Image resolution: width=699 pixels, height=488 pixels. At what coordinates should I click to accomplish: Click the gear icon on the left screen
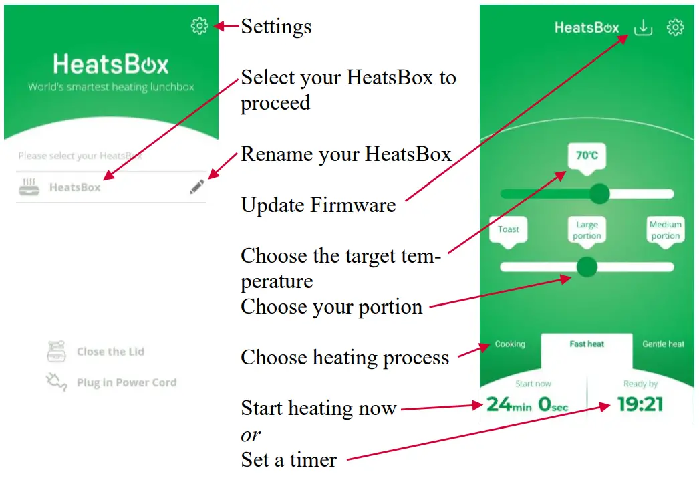[199, 26]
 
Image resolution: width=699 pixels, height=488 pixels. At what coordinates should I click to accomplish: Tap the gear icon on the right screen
[676, 27]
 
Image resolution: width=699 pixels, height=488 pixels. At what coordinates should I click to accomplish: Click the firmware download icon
[643, 27]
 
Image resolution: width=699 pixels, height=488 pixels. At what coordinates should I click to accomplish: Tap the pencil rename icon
[197, 187]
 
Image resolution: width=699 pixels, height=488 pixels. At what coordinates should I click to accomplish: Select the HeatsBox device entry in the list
[75, 188]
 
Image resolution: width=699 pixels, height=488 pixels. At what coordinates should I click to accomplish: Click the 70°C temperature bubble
[587, 156]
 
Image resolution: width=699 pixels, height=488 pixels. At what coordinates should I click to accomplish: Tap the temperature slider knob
[599, 194]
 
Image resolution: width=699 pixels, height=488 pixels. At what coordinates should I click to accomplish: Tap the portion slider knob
[587, 267]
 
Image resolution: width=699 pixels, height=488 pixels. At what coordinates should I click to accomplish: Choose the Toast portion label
[509, 229]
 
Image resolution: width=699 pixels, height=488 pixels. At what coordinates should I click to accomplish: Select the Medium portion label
[666, 230]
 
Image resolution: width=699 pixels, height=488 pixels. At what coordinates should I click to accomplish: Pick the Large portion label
[587, 230]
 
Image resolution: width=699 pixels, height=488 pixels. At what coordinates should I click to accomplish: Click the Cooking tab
[510, 344]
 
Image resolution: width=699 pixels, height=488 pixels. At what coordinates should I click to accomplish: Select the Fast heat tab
[587, 344]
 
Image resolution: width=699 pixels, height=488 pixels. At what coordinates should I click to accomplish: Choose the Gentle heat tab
[663, 344]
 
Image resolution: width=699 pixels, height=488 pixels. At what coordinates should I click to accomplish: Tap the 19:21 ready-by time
[640, 404]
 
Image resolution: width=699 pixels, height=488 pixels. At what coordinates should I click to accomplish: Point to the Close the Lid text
[110, 352]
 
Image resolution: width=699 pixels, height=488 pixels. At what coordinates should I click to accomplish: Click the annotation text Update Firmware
[318, 205]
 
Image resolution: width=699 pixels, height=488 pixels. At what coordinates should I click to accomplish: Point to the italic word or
[251, 435]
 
